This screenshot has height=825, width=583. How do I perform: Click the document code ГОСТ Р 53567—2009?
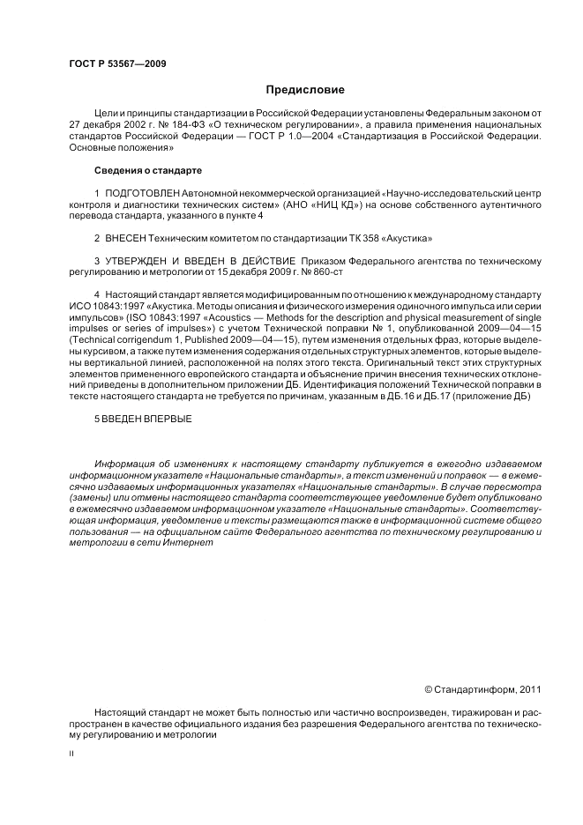click(x=117, y=64)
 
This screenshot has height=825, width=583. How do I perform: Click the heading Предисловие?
click(x=305, y=90)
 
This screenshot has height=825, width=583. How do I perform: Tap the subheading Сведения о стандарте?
click(x=148, y=169)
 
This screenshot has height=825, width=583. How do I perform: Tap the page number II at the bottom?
click(x=71, y=754)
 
